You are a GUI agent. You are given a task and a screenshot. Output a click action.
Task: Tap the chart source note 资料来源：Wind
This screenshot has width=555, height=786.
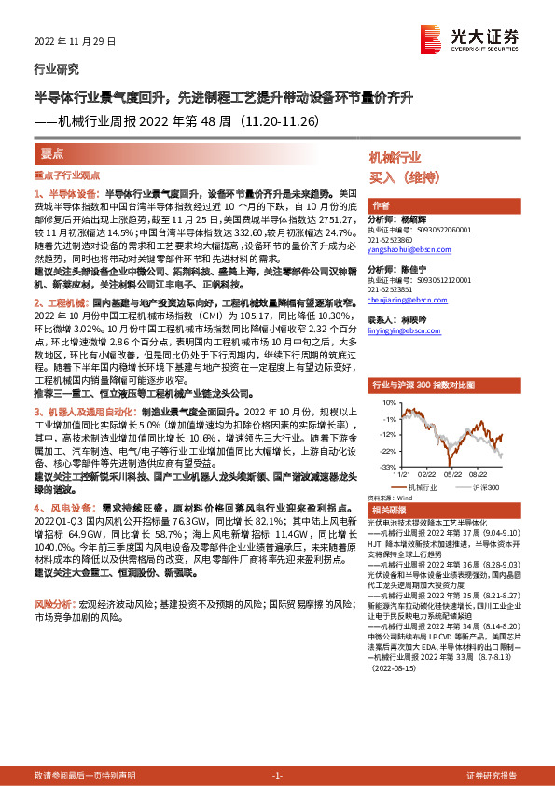point(389,497)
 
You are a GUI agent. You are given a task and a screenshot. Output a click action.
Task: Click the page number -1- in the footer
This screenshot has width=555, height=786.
point(276,775)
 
